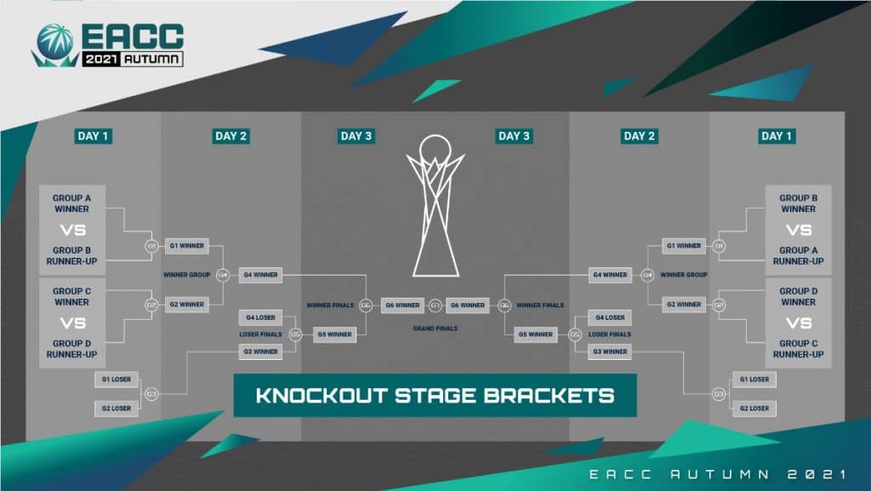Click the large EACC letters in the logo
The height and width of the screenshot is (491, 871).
132,37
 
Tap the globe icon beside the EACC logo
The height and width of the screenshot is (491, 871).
56,43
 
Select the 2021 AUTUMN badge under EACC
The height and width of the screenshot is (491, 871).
132,60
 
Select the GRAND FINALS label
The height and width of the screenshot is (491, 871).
435,328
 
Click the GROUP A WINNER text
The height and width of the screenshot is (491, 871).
72,203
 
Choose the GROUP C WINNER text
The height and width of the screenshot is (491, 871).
72,296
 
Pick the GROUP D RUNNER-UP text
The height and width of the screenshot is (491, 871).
72,349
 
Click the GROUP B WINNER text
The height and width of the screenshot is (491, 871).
798,203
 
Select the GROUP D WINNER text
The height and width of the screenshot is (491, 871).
798,296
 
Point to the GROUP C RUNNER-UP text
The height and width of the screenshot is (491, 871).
798,349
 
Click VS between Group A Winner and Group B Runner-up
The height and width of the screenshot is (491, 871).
72,231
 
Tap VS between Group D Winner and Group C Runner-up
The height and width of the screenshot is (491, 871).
798,323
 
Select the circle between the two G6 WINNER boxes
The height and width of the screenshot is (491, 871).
435,305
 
